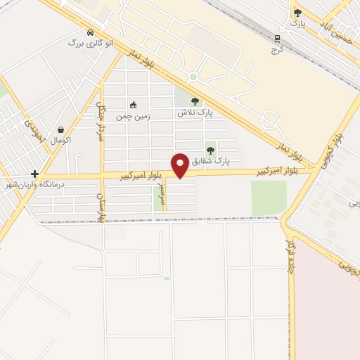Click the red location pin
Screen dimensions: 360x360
[x=181, y=165]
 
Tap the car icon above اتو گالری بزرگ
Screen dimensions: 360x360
[x=90, y=33]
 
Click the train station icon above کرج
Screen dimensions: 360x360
[x=277, y=38]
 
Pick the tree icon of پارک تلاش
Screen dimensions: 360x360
[x=195, y=101]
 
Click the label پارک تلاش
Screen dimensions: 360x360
[x=195, y=112]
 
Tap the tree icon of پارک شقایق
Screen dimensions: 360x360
[x=210, y=150]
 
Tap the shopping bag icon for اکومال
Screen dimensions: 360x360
[x=62, y=129]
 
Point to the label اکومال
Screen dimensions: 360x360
[x=61, y=141]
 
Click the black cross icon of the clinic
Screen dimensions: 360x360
[x=34, y=174]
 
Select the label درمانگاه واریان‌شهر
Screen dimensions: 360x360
[x=35, y=184]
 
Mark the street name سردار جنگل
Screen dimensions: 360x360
[x=100, y=124]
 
